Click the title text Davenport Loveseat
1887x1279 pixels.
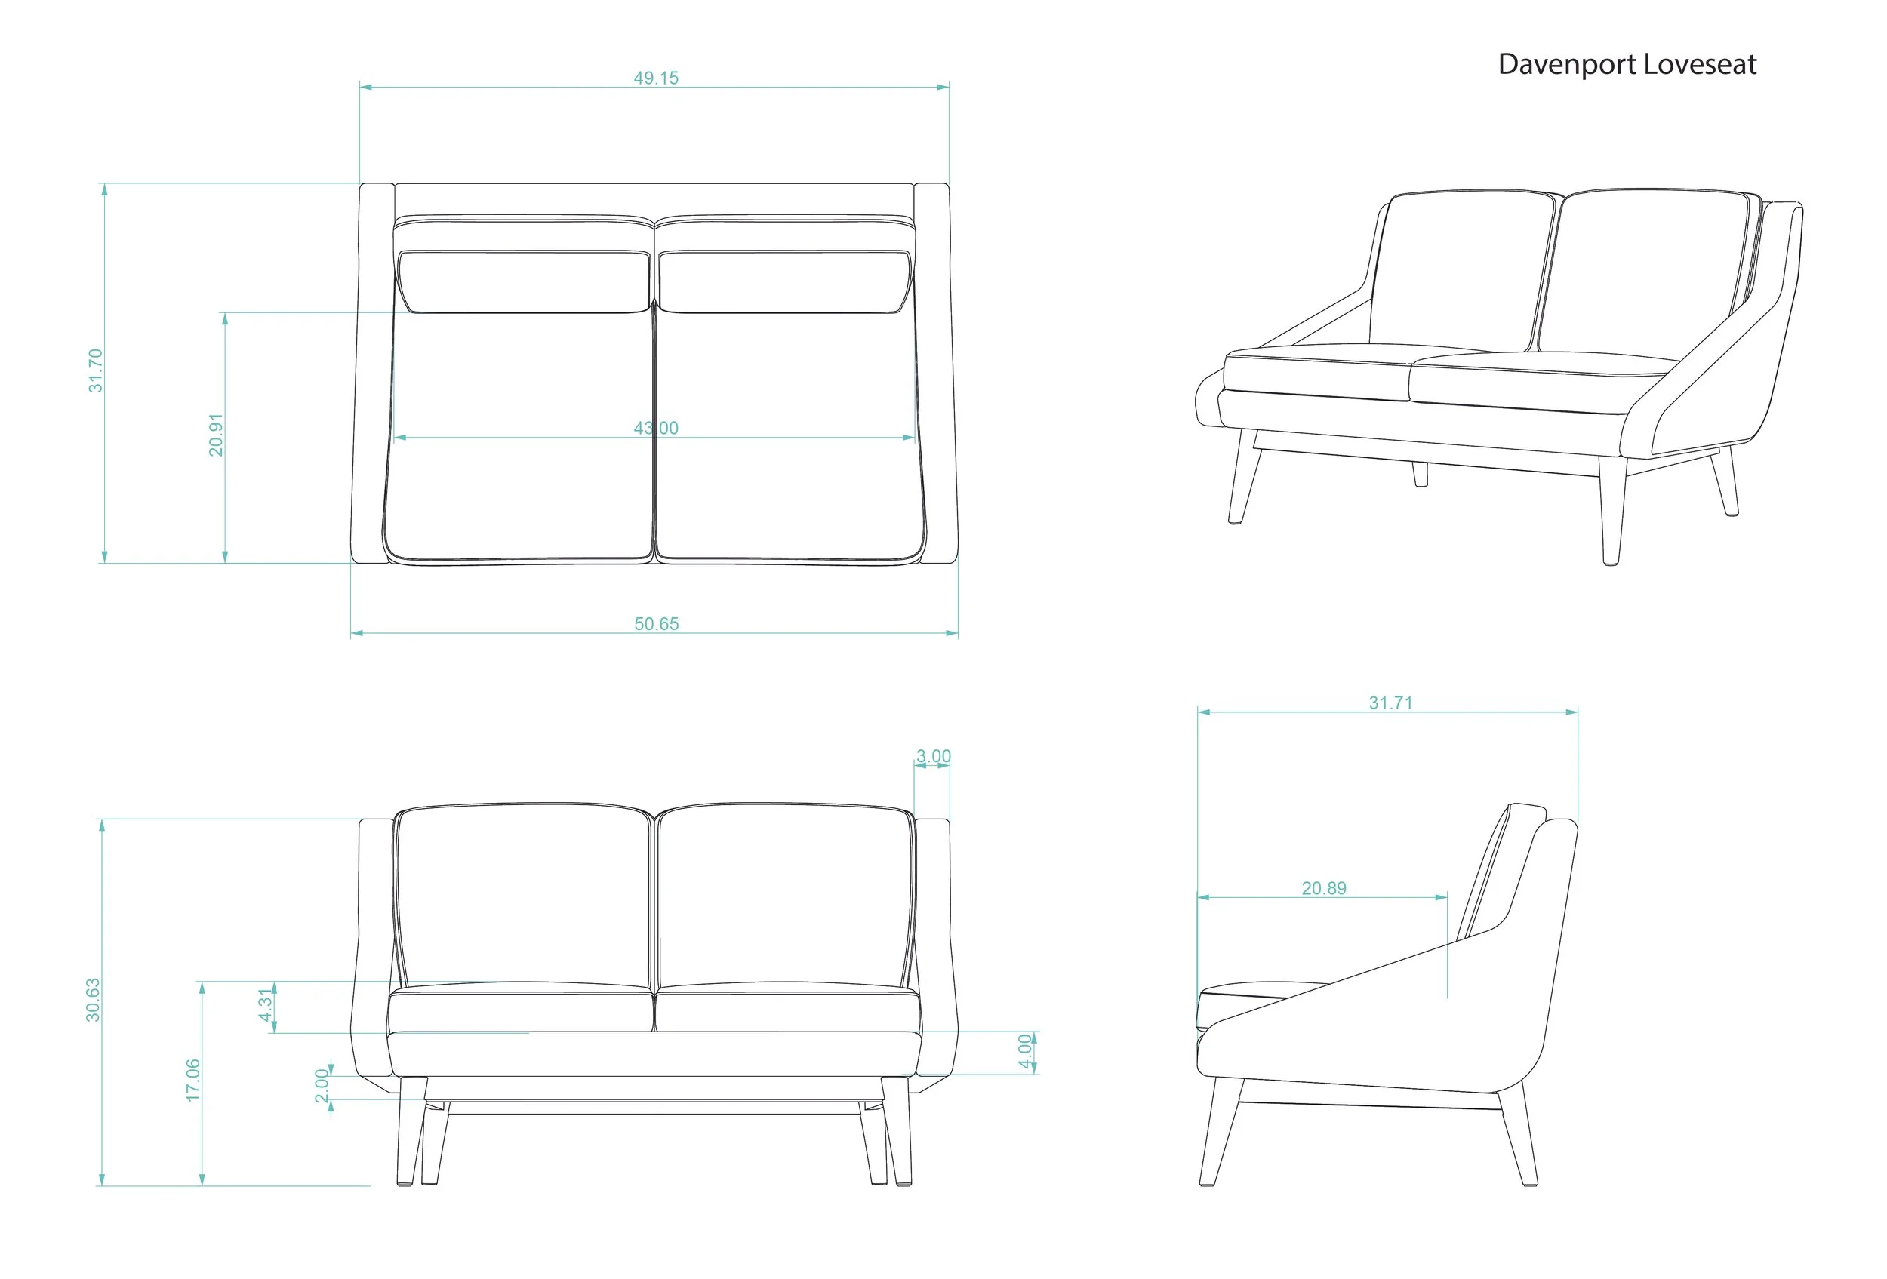tap(1627, 65)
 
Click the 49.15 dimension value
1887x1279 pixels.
tap(655, 78)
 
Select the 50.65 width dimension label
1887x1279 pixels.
tap(656, 623)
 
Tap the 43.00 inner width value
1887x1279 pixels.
tap(655, 428)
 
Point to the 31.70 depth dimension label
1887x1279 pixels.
tap(96, 371)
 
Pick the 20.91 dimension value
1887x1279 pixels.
tap(215, 435)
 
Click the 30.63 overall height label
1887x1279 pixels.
tap(94, 1000)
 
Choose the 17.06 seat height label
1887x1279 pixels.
tap(192, 1081)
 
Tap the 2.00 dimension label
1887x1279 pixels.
tap(322, 1085)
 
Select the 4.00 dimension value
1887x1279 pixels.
tap(1025, 1051)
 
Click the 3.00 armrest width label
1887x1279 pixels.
tap(933, 756)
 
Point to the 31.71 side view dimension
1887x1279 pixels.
tap(1390, 703)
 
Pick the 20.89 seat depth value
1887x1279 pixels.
tap(1323, 889)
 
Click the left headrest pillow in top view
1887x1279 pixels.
tap(524, 281)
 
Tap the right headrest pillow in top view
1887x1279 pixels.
tap(783, 281)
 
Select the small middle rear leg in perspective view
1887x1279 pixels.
tap(1420, 474)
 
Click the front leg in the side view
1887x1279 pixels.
tap(1221, 1131)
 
